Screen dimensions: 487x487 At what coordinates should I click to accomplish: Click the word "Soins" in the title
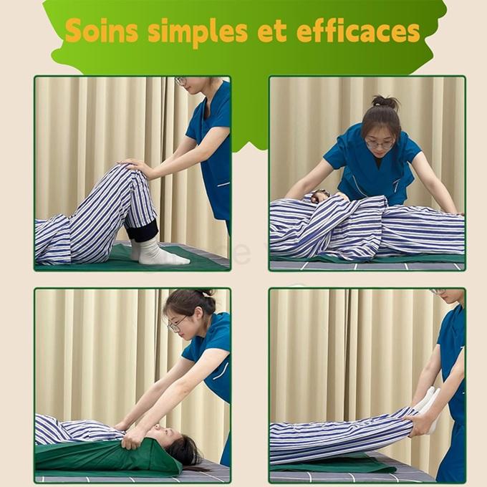click(102, 30)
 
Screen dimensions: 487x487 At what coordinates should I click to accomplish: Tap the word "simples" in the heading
click(198, 33)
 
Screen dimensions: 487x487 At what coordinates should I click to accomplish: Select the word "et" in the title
click(272, 32)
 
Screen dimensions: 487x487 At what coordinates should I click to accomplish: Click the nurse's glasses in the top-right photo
click(380, 144)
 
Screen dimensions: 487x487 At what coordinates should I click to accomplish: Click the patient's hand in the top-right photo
click(319, 196)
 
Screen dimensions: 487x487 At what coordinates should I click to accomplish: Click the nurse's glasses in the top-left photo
click(180, 81)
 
